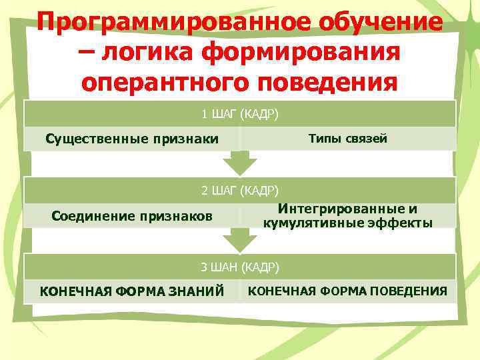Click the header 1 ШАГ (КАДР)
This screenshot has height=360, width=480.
240,113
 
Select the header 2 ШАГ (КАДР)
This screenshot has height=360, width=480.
240,190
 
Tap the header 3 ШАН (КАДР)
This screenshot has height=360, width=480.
240,267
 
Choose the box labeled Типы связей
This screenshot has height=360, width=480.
347,138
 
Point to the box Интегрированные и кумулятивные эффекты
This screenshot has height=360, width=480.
347,215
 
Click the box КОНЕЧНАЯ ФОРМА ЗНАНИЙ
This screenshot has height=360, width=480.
132,291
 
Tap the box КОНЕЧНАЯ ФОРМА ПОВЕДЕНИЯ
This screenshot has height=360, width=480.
347,291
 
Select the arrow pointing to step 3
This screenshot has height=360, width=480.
239,241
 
